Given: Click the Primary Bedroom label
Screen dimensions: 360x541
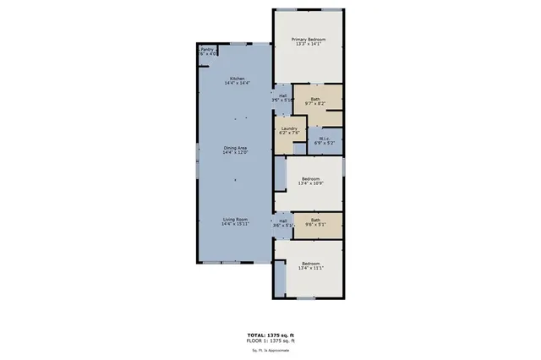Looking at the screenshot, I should [x=309, y=40].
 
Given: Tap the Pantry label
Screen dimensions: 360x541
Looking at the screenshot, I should [x=206, y=50].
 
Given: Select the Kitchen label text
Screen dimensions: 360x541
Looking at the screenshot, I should [x=235, y=79].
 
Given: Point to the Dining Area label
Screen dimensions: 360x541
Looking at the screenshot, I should [x=235, y=149].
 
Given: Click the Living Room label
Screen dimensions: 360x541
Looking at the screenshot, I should [x=234, y=219].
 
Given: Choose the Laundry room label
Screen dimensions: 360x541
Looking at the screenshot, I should [x=289, y=128].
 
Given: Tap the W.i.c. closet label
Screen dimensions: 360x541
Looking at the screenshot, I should [x=324, y=139].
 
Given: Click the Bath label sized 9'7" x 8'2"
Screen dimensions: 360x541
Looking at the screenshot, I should [x=315, y=100].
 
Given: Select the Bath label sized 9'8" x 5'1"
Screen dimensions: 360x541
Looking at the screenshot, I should [x=315, y=221].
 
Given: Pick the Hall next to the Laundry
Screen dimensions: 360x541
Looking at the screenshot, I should [x=281, y=95].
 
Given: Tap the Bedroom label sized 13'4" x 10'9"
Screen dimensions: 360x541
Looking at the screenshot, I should [x=311, y=179].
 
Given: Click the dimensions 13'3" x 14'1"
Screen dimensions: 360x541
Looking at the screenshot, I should [x=309, y=46].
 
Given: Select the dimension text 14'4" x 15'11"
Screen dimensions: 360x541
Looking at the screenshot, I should [x=234, y=225].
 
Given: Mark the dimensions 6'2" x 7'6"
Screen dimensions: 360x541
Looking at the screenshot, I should [x=289, y=133].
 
